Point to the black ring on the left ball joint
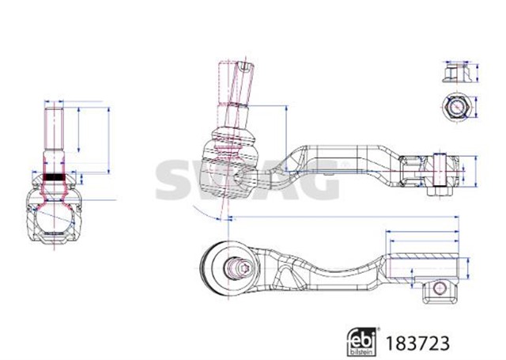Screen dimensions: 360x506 (x=54, y=177)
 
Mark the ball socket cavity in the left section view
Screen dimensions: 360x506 (x=52, y=218)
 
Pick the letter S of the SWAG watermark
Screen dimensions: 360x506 (x=175, y=177)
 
